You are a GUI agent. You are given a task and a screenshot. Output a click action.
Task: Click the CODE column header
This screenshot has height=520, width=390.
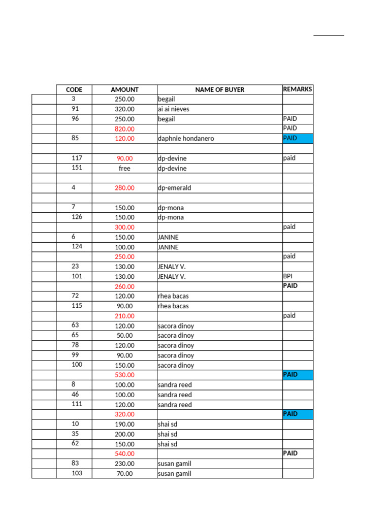click(74, 90)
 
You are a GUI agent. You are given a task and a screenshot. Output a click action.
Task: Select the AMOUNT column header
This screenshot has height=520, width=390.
click(124, 90)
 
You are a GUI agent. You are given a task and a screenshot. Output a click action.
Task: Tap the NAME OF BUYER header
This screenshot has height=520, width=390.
click(219, 90)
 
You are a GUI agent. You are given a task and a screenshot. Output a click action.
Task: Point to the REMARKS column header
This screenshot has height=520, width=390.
click(298, 89)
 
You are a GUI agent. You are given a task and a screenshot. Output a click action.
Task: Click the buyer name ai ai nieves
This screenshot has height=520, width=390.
click(173, 109)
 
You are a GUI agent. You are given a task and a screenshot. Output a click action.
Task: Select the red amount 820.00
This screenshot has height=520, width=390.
click(124, 129)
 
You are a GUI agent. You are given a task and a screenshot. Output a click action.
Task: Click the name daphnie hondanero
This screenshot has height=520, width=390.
click(186, 139)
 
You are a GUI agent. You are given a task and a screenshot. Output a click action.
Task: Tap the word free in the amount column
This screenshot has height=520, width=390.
click(124, 169)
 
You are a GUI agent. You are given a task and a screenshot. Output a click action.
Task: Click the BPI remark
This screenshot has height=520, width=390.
click(288, 276)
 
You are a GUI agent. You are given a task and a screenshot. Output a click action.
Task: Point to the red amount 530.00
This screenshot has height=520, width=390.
click(124, 375)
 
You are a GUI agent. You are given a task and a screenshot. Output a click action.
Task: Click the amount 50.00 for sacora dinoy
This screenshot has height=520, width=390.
click(124, 336)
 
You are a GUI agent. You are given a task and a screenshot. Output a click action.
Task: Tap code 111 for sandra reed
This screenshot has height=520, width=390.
click(77, 404)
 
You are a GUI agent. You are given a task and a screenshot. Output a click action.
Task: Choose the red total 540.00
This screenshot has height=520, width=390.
click(124, 453)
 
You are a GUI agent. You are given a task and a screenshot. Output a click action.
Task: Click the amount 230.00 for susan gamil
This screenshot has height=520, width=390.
click(124, 464)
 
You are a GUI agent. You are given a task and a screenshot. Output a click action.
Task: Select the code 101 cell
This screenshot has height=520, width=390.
click(77, 276)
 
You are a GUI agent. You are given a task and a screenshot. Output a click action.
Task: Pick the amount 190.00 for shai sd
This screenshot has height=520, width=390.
click(124, 425)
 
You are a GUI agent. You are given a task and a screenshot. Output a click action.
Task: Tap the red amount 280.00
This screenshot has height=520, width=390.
click(124, 188)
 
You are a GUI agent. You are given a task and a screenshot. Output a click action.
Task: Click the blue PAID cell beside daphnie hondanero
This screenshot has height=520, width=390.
click(298, 138)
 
